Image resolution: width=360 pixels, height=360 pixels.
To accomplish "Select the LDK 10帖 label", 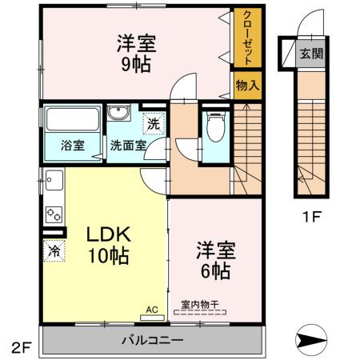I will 108,245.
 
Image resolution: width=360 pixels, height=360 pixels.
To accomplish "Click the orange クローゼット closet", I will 246,39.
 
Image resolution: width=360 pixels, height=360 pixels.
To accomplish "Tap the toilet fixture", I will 214,126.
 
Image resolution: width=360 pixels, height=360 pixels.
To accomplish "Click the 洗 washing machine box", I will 153,123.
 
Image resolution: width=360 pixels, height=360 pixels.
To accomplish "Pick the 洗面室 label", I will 128,146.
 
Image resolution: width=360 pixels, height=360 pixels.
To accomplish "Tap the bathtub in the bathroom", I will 72,121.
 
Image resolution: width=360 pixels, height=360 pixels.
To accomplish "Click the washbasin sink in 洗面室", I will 118,113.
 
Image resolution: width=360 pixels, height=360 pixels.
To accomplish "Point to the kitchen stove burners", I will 54,214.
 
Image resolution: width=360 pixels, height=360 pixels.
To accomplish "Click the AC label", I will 152,307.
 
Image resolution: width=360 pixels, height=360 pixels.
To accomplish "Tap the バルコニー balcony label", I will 152,341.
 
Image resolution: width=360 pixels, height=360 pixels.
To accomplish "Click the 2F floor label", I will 20,348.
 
